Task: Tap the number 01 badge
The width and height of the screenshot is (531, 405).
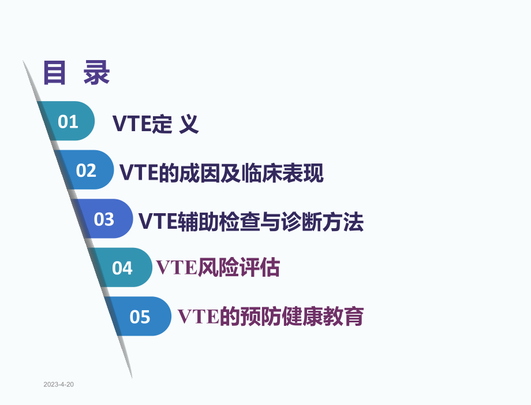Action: (68, 121)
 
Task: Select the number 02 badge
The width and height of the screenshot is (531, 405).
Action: (87, 170)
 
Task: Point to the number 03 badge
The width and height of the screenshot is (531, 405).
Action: (104, 220)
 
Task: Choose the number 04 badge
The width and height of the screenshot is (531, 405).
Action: (122, 268)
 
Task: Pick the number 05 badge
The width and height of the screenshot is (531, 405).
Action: (140, 317)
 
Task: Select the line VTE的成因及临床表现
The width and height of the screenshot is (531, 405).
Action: (222, 173)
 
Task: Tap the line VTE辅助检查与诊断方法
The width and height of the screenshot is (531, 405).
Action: (251, 222)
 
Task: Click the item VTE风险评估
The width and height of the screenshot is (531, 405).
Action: (218, 268)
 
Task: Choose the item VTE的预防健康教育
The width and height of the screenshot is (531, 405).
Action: (271, 317)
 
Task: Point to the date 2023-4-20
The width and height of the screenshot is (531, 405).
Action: (58, 385)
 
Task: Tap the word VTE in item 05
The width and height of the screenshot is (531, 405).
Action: (198, 317)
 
